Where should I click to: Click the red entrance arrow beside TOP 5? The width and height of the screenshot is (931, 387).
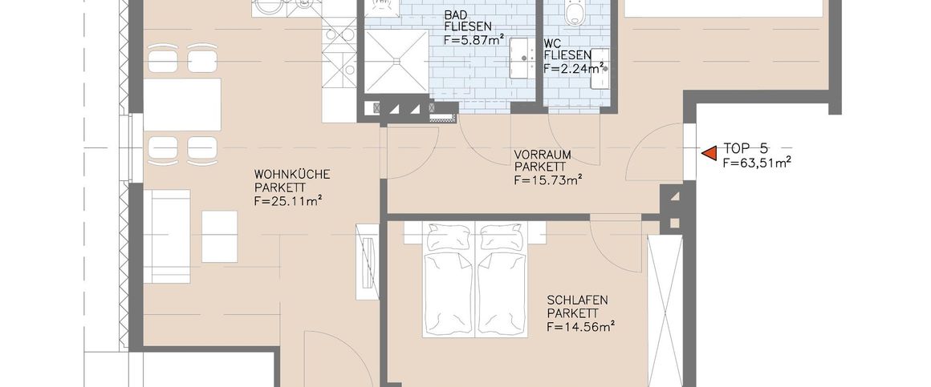click(709, 152)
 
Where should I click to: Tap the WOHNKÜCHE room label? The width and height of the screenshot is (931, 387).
click(292, 173)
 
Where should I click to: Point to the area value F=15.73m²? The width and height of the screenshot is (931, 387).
click(547, 180)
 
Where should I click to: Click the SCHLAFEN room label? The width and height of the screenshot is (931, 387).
click(577, 300)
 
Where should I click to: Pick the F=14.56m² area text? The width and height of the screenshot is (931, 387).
click(580, 327)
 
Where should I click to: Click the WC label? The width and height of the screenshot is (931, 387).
click(552, 42)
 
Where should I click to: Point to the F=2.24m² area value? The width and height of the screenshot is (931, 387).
click(573, 69)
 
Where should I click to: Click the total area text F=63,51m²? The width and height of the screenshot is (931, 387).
click(757, 162)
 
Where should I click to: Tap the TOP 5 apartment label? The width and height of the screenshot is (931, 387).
click(746, 148)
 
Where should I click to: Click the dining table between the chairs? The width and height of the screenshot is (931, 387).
click(181, 105)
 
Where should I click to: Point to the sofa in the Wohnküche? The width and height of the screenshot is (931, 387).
click(166, 236)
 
